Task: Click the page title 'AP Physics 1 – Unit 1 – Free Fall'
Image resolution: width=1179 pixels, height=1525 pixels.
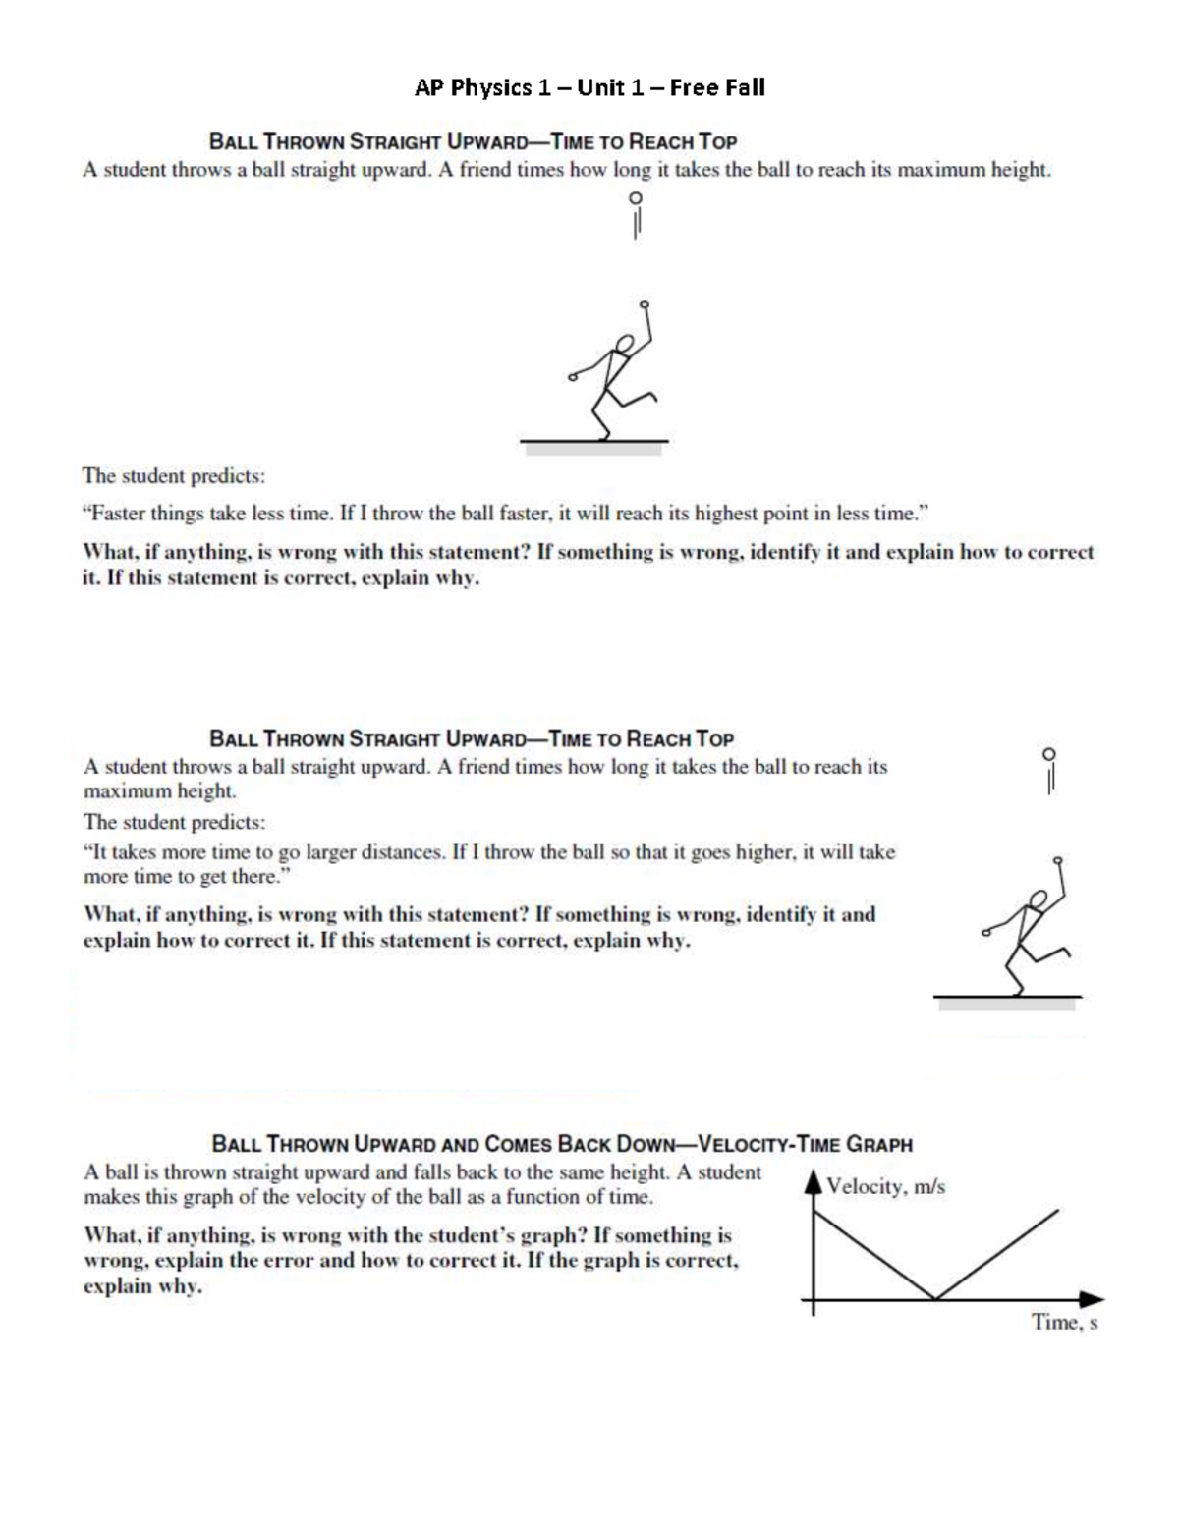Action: (589, 88)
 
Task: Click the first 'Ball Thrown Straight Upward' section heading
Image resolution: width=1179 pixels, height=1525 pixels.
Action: (473, 140)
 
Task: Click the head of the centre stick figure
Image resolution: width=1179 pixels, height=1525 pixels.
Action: (623, 344)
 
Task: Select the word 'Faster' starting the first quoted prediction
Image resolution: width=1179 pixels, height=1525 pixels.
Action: (117, 514)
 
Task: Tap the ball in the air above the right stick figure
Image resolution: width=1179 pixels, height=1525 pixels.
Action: (1049, 754)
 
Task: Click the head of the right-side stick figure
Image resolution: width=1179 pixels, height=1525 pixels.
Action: (1036, 899)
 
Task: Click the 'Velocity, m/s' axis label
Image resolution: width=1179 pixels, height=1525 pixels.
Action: (885, 1186)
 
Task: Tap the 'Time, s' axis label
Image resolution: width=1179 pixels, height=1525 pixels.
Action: (1064, 1323)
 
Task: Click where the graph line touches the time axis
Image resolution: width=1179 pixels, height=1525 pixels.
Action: (934, 1299)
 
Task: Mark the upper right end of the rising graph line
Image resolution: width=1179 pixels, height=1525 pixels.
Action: (1057, 1212)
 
